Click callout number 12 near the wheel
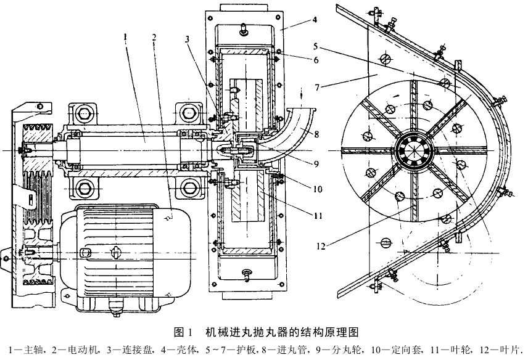pyautogui.click(x=318, y=246)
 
